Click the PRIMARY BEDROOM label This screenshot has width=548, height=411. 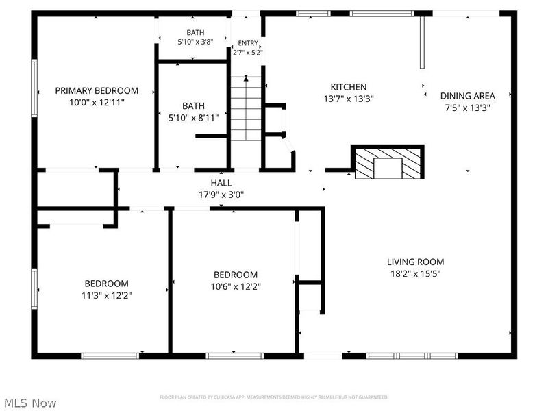(x=97, y=91)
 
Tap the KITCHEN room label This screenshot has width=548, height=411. (x=349, y=87)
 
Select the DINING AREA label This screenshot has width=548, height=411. (x=467, y=96)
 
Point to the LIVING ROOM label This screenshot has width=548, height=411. (x=415, y=262)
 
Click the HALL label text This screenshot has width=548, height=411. (x=221, y=183)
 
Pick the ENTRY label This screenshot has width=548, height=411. (x=248, y=43)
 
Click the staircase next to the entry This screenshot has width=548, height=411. (x=246, y=108)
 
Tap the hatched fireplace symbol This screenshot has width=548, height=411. (x=387, y=162)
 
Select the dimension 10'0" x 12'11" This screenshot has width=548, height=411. (x=97, y=103)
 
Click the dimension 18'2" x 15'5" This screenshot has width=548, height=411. (x=415, y=273)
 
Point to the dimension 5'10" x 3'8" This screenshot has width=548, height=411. (x=195, y=42)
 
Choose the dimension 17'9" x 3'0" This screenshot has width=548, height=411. (x=221, y=195)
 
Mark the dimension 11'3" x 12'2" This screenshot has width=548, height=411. (x=107, y=296)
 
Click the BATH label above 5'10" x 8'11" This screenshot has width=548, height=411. (x=193, y=106)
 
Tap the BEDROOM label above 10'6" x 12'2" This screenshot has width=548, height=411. (x=236, y=275)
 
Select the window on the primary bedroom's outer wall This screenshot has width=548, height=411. (x=34, y=88)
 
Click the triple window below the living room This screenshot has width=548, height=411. (x=412, y=356)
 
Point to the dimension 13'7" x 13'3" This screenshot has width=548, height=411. (x=349, y=99)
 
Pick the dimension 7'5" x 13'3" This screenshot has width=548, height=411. (x=467, y=108)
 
